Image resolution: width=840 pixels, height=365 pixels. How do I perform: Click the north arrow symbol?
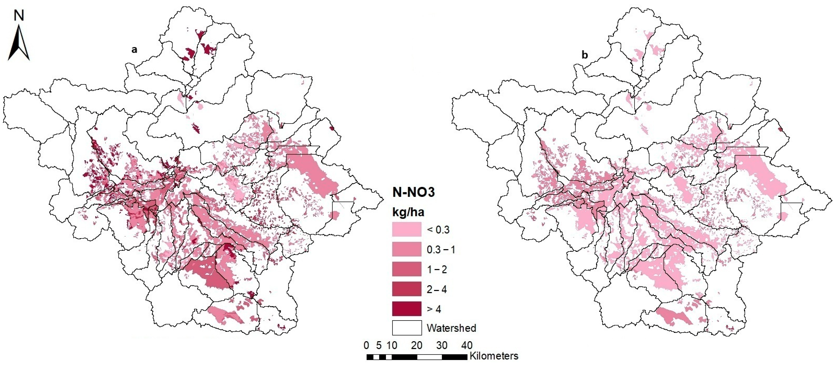tap(19, 44)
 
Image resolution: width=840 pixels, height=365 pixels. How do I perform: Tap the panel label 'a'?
tap(134, 50)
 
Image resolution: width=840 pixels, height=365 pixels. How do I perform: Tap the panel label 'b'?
tap(585, 55)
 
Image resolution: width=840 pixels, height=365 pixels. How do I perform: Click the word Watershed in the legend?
tap(451, 328)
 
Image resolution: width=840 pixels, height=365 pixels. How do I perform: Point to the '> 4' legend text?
tap(434, 309)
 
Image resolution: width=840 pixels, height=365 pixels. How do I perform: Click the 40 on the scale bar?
tap(467, 345)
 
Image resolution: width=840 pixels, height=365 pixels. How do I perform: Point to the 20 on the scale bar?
tap(416, 345)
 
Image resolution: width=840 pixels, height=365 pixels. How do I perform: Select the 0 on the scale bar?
tap(366, 345)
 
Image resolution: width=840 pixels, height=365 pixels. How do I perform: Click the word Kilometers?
tap(494, 356)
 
